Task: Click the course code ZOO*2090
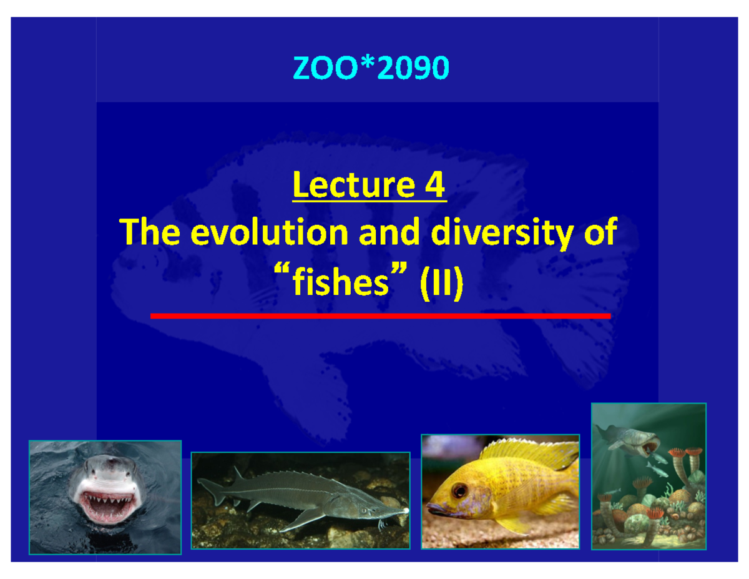pos(371,69)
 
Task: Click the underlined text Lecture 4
pos(369,186)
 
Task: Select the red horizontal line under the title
pos(380,316)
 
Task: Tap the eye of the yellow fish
pos(460,490)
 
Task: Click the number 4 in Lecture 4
pos(434,186)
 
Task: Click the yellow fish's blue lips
pos(437,509)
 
